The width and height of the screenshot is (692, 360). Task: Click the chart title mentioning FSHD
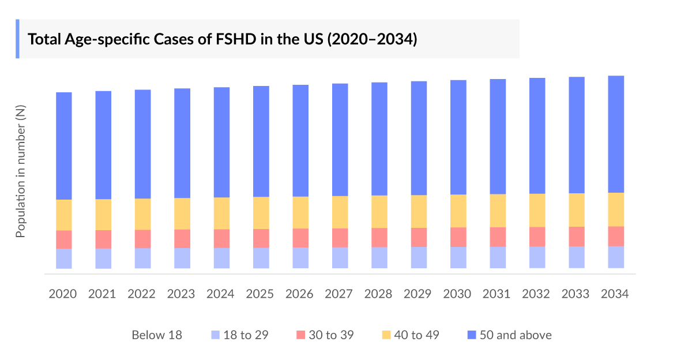222,39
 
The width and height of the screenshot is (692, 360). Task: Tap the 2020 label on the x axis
63,294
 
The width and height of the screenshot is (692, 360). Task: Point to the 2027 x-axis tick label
339,294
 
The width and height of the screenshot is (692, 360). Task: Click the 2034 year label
615,294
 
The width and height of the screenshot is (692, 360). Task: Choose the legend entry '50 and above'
517,335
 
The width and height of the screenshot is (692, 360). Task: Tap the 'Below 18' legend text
157,335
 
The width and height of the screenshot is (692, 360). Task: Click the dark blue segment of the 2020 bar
63,145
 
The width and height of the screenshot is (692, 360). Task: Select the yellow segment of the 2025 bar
261,212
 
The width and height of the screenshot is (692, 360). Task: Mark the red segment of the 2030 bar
458,237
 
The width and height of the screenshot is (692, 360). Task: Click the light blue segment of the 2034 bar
616,257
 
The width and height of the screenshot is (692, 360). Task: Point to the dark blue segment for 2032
537,136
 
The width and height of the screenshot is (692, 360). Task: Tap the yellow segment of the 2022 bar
142,213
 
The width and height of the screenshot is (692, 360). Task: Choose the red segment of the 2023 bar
182,238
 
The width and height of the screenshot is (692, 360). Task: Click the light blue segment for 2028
379,257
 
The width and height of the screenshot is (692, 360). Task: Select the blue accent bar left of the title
17,39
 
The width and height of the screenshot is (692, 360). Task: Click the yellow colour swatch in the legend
386,335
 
